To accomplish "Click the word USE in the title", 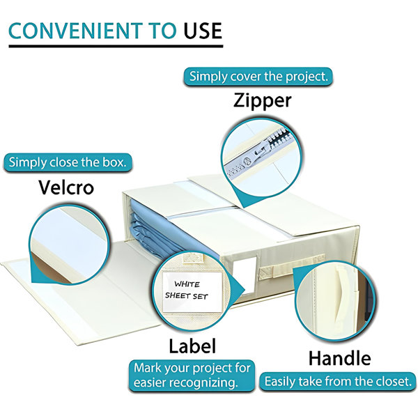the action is (203, 31).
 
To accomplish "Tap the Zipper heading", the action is (263, 101).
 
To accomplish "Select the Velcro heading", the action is (66, 187).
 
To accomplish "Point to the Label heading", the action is (192, 346).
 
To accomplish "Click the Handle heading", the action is (340, 358).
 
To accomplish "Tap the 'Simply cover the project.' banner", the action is (258, 77).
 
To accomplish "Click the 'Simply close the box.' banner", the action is (68, 162).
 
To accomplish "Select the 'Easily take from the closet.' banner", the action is (338, 382).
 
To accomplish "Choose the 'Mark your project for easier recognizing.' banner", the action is (192, 376).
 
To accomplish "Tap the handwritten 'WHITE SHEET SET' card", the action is (192, 291).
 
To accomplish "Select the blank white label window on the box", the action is (245, 274).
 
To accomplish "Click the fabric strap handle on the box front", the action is (291, 269).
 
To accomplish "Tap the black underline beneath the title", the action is (116, 46).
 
